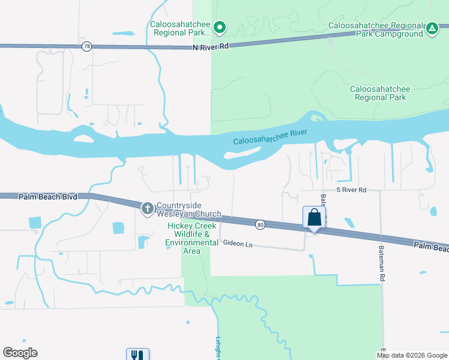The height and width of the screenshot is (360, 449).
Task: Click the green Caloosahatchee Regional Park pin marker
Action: click(220, 27)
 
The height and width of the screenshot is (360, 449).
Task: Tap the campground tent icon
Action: click(432, 28)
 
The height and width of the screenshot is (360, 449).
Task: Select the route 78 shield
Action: click(87, 47)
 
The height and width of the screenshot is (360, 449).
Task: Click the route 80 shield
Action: click(259, 224)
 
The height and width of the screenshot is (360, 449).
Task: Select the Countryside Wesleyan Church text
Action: click(188, 209)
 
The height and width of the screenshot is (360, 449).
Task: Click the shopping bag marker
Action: click(315, 218)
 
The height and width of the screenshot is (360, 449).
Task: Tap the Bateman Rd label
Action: click(381, 263)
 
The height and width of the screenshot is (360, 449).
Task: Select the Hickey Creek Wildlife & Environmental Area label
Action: click(192, 238)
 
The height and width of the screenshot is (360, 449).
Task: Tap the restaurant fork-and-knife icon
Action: click(137, 355)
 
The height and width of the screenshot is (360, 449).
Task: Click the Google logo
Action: click(20, 353)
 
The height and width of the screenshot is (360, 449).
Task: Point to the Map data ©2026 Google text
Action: click(412, 355)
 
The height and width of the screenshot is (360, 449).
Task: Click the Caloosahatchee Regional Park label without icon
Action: click(380, 93)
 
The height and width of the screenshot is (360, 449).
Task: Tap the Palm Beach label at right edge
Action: click(430, 246)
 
